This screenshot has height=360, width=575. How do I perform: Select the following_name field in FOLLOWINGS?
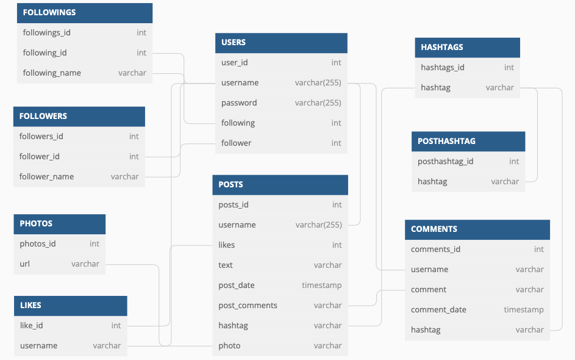[x=52, y=73]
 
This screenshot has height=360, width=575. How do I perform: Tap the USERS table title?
[x=233, y=43]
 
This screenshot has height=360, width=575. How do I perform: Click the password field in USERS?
[x=239, y=103]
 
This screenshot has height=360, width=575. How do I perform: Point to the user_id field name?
[x=234, y=63]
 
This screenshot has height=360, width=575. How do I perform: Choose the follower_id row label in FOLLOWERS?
[x=39, y=157]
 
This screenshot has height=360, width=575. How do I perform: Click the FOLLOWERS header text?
[x=43, y=117]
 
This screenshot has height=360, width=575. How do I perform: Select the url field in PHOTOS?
[x=24, y=264]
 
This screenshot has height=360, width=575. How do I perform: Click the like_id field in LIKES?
[x=31, y=325]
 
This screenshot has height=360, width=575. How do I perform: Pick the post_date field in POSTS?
[x=236, y=286]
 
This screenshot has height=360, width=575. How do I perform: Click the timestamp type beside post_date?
[x=321, y=286]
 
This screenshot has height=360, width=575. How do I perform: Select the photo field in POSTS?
[x=229, y=346]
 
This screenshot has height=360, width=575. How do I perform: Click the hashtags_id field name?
[x=442, y=68]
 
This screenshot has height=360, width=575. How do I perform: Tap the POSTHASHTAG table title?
[x=446, y=142]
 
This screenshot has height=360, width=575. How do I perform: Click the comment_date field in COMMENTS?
[x=438, y=310]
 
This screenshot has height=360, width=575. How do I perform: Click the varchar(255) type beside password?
[x=318, y=103]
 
